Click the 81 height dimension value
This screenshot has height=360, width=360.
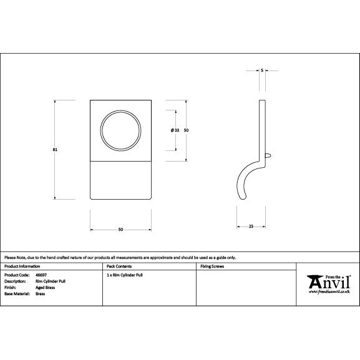(x=56, y=148)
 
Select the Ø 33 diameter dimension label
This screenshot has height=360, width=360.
(x=175, y=130)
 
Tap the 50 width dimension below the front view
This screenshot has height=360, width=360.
(x=120, y=230)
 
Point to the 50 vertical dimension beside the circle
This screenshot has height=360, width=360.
(x=187, y=130)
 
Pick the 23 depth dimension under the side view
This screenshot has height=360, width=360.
(x=251, y=225)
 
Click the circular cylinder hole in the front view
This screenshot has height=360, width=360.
(x=120, y=130)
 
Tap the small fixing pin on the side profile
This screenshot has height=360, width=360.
(x=268, y=152)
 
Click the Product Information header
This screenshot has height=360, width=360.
(x=22, y=266)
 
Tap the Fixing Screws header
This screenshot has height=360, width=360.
(x=212, y=266)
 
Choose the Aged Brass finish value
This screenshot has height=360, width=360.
(x=45, y=287)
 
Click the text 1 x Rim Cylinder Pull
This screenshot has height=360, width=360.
(x=125, y=275)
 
